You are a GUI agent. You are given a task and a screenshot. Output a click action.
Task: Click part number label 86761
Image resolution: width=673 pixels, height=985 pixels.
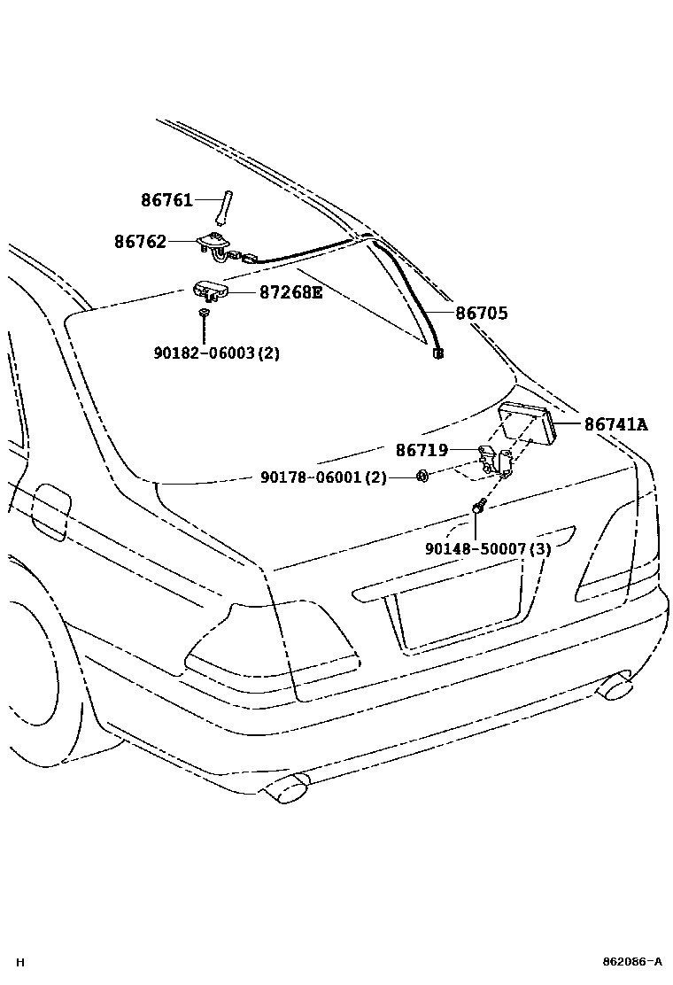click(x=166, y=201)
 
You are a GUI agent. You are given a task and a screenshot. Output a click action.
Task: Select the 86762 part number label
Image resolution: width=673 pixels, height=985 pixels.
click(x=140, y=242)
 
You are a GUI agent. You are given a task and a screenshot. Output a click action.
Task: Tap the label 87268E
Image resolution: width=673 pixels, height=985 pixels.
click(x=290, y=291)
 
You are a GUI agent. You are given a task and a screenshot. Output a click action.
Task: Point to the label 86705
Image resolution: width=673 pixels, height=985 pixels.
click(x=482, y=314)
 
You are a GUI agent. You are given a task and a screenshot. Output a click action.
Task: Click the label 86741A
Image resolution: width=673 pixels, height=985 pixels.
click(x=615, y=425)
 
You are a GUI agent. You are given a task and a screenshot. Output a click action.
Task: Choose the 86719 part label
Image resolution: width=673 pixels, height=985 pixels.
click(x=422, y=451)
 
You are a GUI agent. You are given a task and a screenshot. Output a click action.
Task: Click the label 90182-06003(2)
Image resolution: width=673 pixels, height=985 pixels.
click(x=217, y=353)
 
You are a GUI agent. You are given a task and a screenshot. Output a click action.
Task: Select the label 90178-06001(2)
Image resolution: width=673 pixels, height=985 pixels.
click(x=323, y=477)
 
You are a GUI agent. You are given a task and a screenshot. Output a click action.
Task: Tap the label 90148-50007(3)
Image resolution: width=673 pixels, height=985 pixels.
click(x=488, y=549)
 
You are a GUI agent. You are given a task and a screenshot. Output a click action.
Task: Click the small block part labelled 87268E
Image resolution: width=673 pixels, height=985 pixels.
click(x=210, y=290)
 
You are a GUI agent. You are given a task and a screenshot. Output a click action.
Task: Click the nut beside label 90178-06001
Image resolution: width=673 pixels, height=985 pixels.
click(x=422, y=477)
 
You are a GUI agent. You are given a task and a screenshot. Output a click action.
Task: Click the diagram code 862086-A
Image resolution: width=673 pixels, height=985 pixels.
click(x=631, y=961)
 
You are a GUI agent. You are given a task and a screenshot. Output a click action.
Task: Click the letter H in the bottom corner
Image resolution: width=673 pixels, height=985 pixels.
click(x=19, y=962)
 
